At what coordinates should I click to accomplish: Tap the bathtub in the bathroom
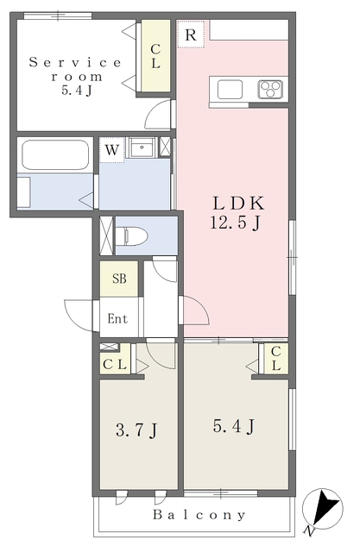pos(54,155)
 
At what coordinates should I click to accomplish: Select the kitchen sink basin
pos(230,90)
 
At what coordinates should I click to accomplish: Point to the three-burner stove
pos(270,89)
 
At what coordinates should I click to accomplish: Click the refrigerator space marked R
pos(191,34)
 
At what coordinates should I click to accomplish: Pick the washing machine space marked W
pos(111,150)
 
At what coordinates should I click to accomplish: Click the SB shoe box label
pos(119,279)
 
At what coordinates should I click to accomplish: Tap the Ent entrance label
pos(117,318)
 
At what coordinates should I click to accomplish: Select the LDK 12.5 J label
pos(237,213)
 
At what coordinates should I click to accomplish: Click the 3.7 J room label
pos(136,430)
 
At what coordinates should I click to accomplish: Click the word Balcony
pos(199,515)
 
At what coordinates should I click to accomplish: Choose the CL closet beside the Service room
pos(155,55)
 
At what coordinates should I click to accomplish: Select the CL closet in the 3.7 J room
pos(115,364)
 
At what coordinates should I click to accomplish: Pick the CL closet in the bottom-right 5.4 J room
pos(275,359)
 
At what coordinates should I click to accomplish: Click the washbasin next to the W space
pos(142,147)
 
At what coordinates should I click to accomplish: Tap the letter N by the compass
pos(308,530)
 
